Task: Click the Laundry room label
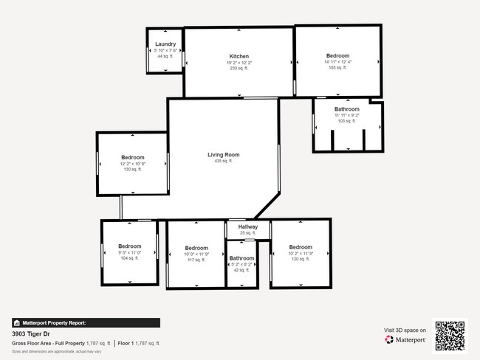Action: [165, 44]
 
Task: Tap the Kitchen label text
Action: [239, 56]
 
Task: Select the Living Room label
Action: [223, 155]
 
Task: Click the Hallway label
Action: [247, 227]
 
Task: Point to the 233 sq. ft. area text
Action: [239, 69]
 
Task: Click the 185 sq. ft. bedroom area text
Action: [337, 68]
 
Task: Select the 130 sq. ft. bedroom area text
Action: [133, 170]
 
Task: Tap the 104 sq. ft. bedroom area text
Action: [130, 259]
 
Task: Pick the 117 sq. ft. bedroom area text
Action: [196, 260]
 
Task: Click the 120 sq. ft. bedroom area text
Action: [301, 259]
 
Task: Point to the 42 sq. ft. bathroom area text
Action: [241, 270]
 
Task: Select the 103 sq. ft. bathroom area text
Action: [347, 121]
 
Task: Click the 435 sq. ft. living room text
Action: [223, 162]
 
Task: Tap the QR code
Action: [450, 336]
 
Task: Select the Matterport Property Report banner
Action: [86, 322]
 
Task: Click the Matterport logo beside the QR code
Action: [405, 340]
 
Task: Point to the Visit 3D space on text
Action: [405, 330]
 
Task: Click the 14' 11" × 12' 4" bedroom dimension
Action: [337, 62]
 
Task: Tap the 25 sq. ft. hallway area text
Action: [247, 233]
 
